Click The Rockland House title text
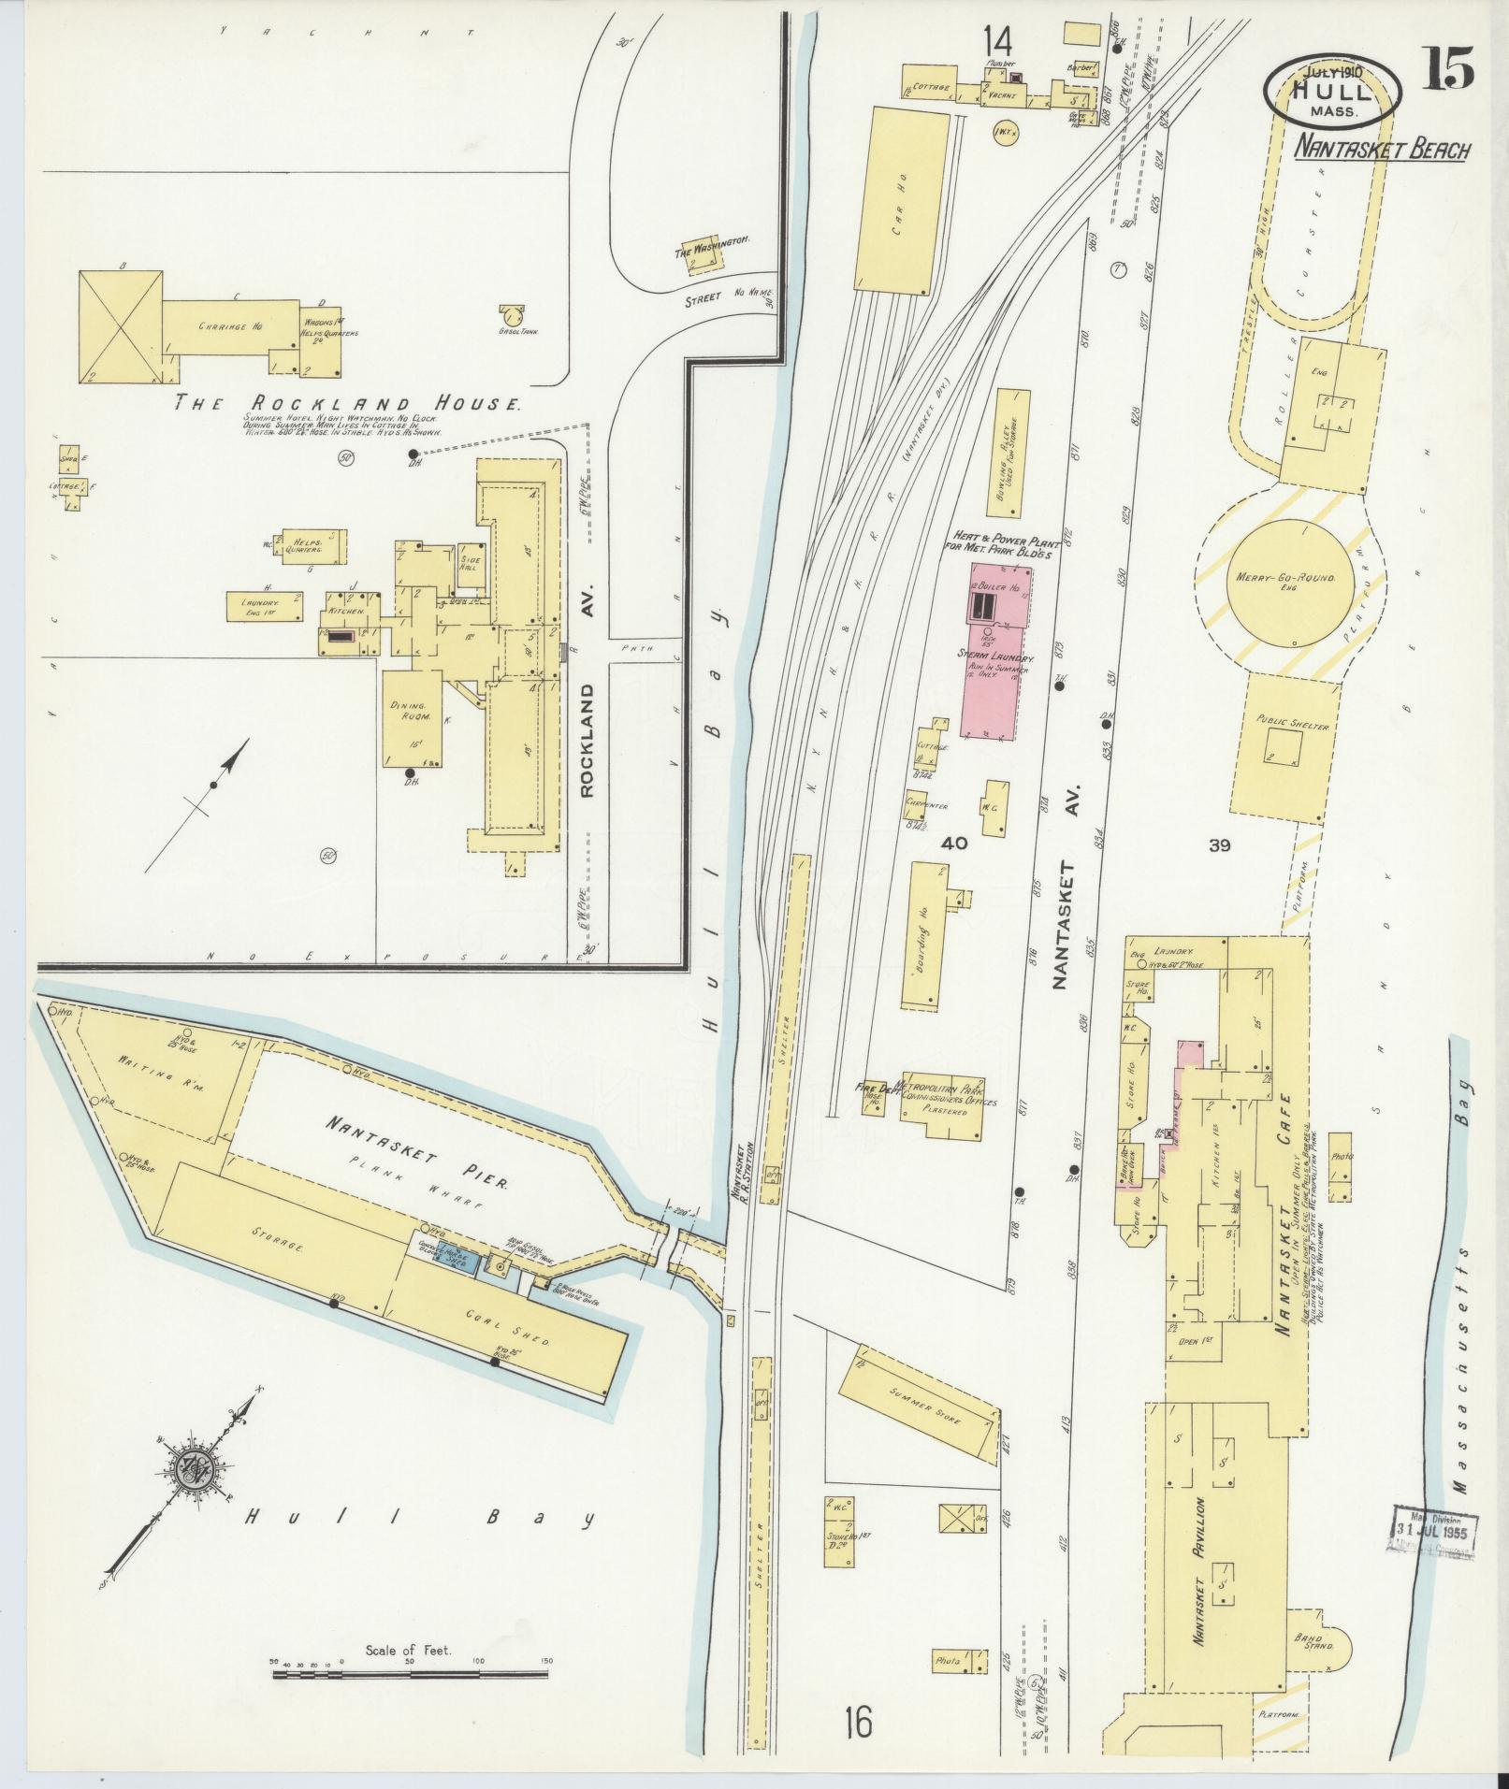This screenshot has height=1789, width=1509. [x=349, y=404]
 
